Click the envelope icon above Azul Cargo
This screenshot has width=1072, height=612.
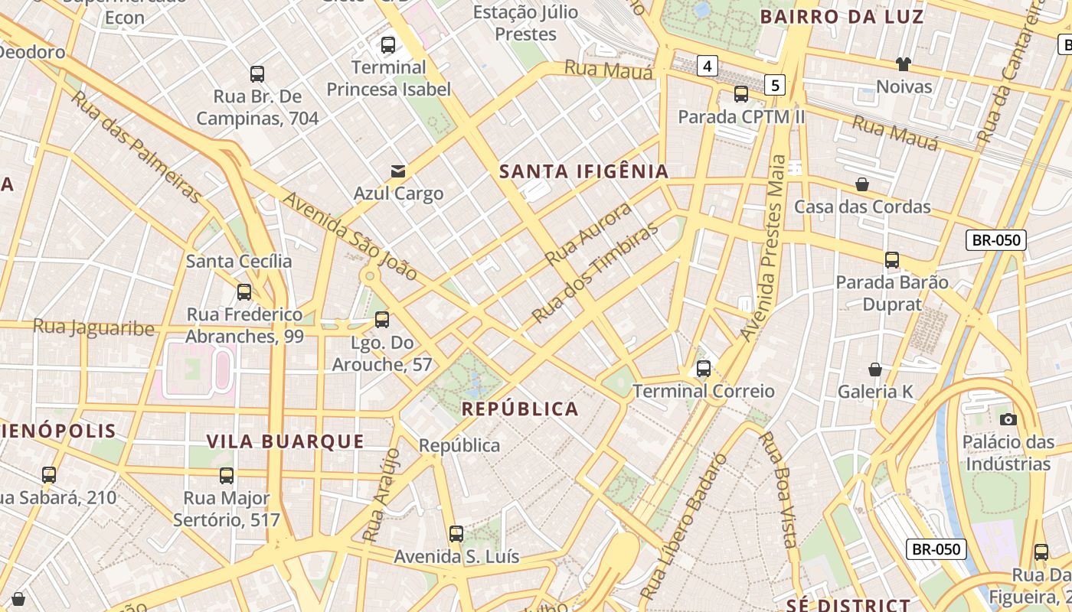tap(398, 171)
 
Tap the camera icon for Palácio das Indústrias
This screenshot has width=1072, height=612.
tap(1008, 419)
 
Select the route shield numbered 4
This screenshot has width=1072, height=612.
tap(707, 67)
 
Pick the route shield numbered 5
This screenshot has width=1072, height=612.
tap(776, 85)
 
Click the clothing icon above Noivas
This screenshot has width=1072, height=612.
tap(904, 64)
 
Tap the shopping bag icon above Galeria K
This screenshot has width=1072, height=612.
tap(875, 369)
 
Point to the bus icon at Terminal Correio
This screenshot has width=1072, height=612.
tap(704, 369)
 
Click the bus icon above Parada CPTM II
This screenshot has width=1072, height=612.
tap(740, 94)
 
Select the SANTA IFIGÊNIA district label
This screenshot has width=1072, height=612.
tap(584, 172)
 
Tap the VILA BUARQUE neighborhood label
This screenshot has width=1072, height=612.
tap(286, 441)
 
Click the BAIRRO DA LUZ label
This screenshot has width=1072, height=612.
tap(842, 17)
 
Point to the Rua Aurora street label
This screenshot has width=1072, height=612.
tap(589, 233)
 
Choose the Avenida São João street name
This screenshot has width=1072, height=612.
tap(350, 236)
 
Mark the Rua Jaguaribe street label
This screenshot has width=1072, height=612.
tap(93, 328)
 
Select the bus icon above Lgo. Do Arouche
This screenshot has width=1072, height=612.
tap(381, 320)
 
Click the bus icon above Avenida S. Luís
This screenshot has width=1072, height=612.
tap(456, 534)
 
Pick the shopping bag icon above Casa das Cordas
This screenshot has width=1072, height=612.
tap(862, 184)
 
